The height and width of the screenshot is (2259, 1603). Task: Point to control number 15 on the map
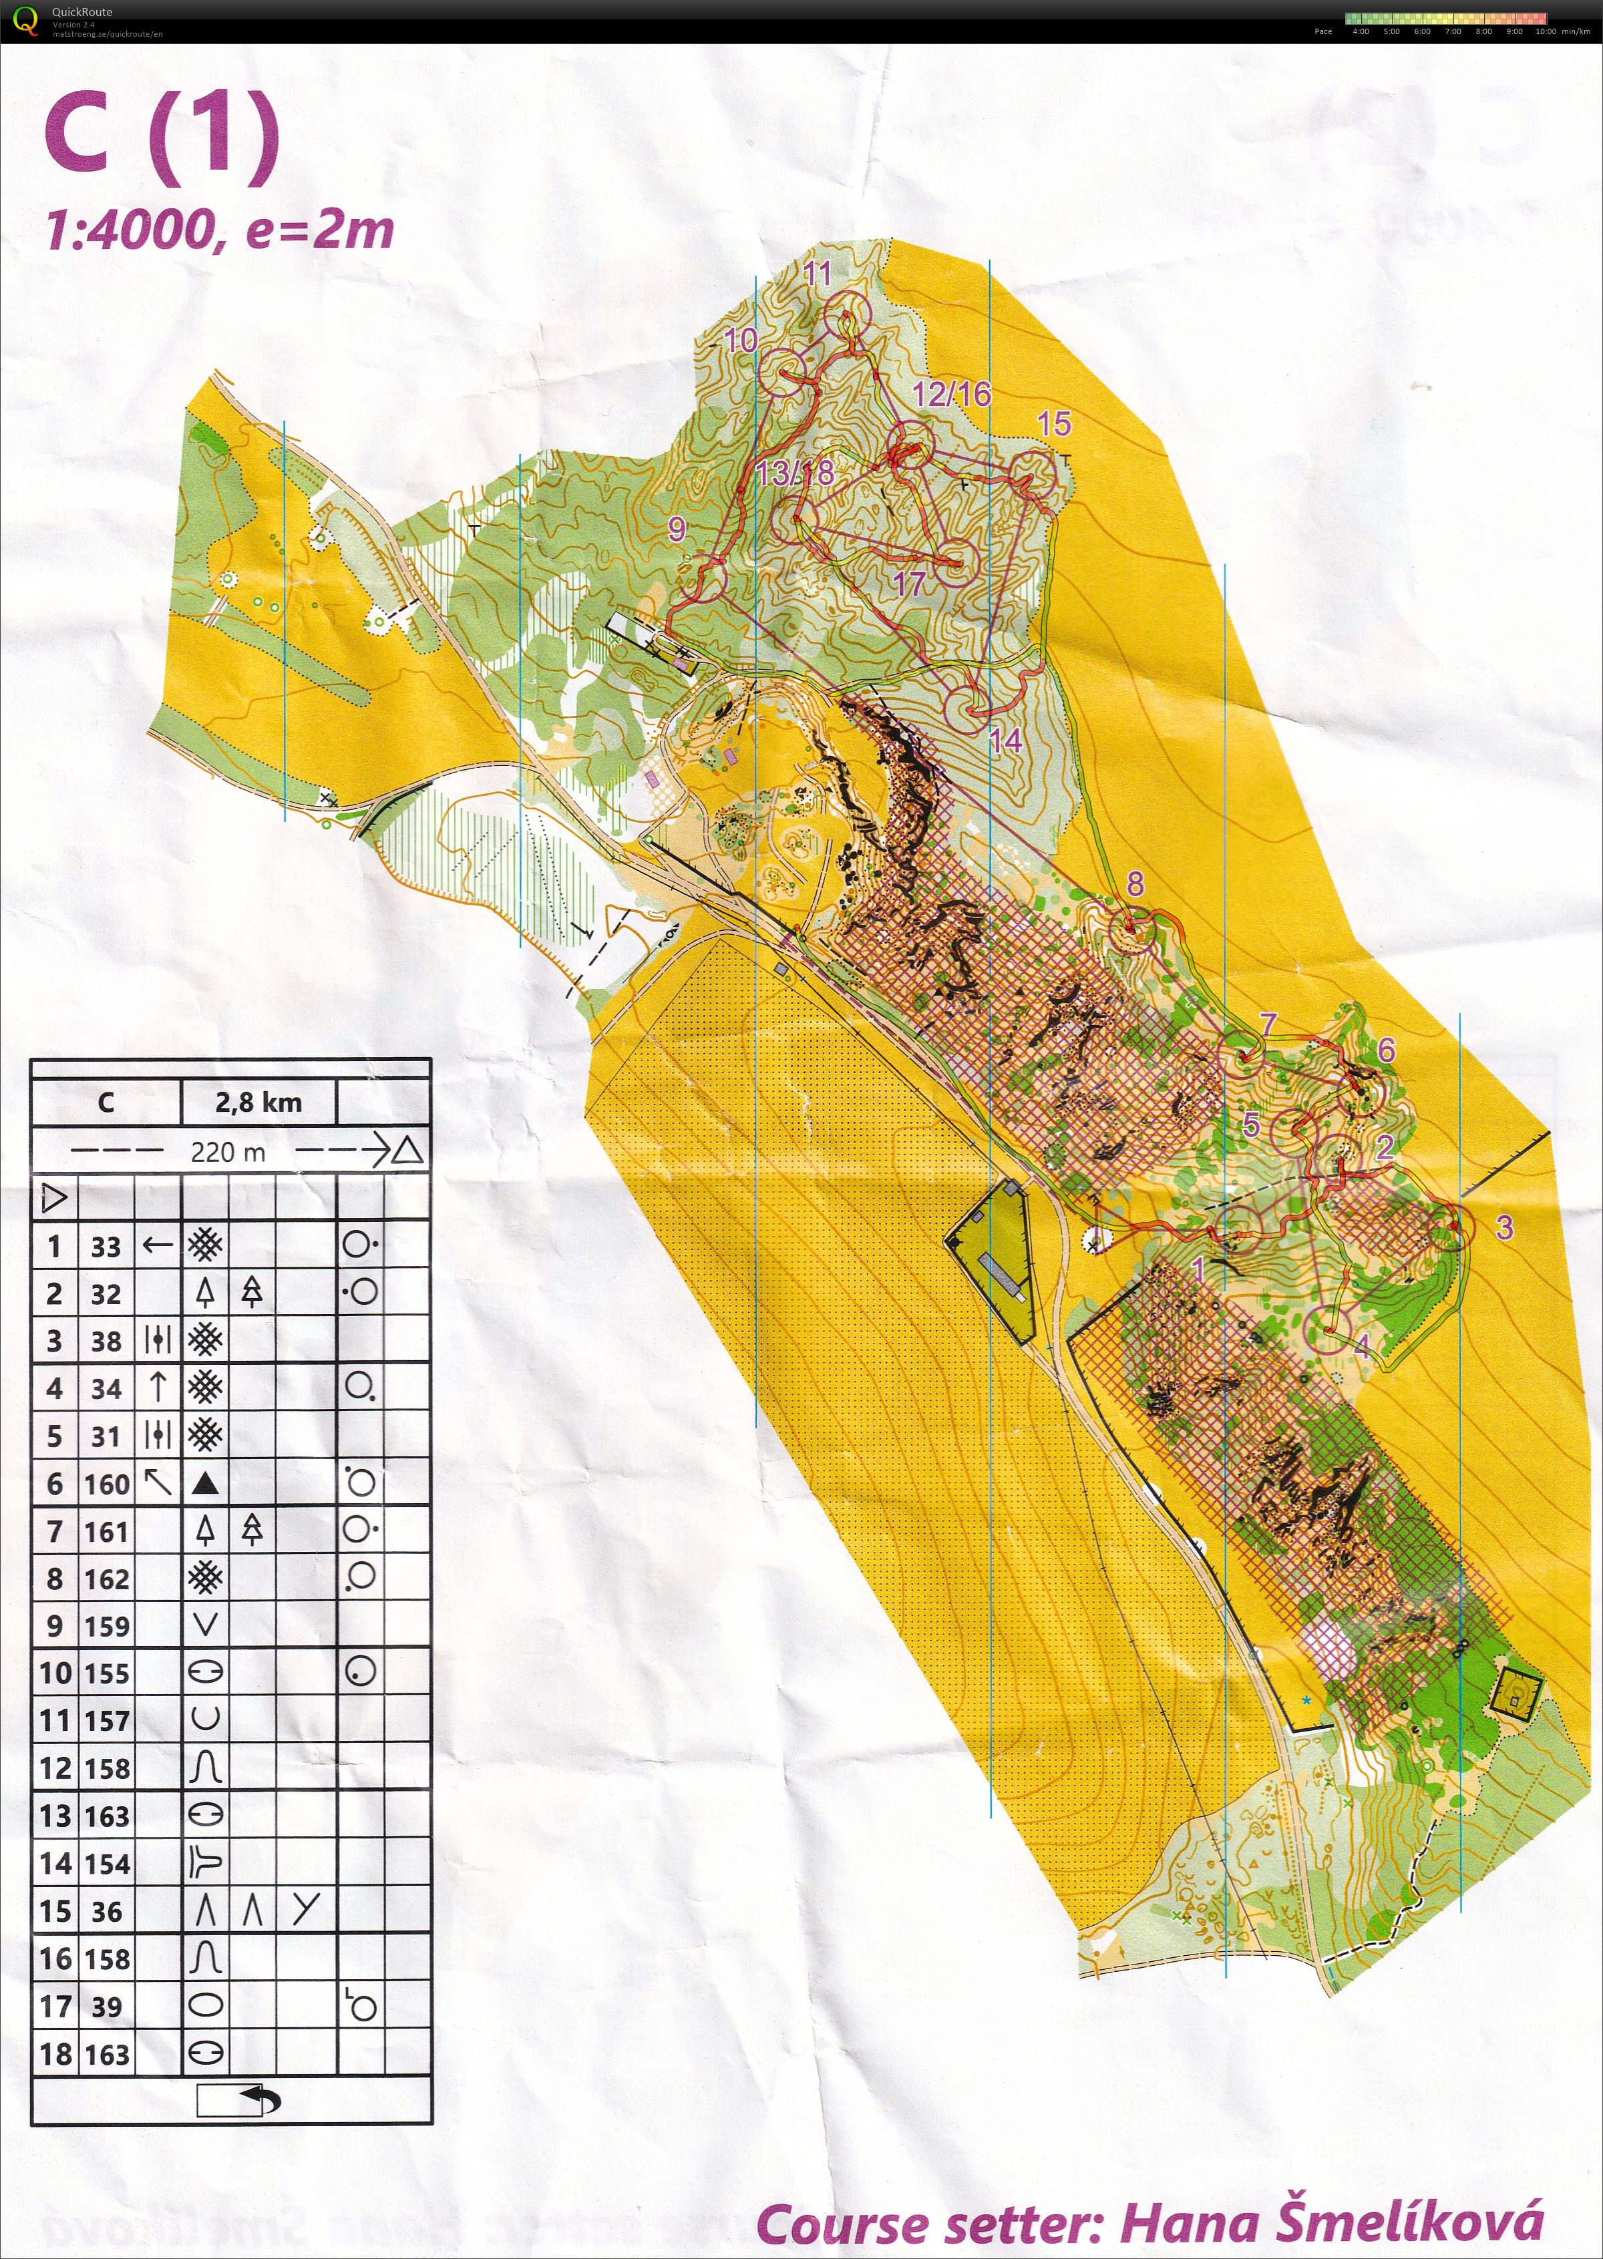click(x=1054, y=425)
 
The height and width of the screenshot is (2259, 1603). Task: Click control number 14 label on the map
click(x=1005, y=740)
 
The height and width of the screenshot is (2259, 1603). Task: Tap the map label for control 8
click(x=1135, y=883)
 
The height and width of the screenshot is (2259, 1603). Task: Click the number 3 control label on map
click(x=1503, y=1227)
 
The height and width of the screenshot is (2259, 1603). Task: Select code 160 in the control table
click(x=108, y=1484)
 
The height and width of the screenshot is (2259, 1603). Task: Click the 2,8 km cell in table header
click(x=258, y=1102)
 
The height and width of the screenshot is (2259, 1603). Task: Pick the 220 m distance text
click(x=228, y=1152)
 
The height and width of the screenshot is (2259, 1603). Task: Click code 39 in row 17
click(x=107, y=2007)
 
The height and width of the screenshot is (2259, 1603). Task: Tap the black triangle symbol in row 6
click(x=205, y=1483)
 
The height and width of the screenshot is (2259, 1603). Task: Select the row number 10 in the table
click(x=55, y=1673)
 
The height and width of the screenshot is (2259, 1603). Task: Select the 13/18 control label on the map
click(x=795, y=473)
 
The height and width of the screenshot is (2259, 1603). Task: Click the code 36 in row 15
click(x=107, y=1912)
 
